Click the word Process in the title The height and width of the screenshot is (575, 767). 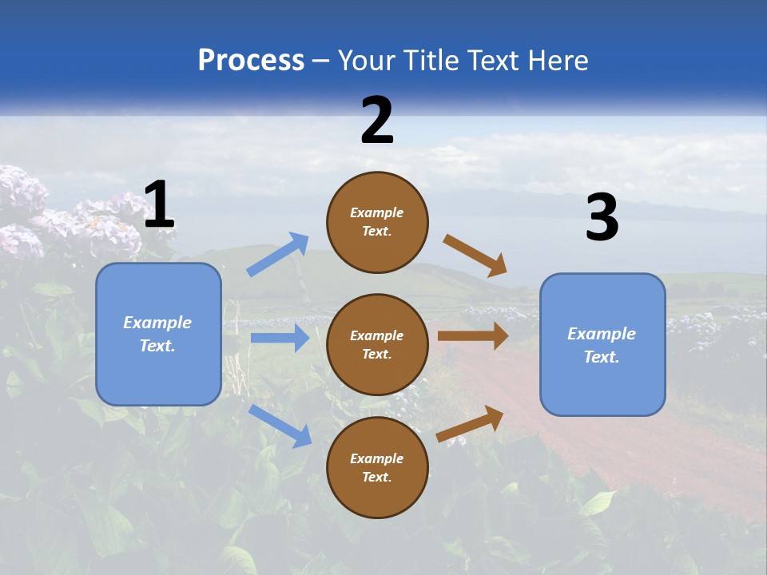click(x=251, y=61)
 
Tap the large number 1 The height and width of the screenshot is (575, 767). click(x=159, y=205)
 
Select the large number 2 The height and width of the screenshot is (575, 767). click(x=377, y=121)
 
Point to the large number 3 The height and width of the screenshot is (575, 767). click(x=602, y=218)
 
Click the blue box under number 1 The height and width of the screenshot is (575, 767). click(x=158, y=334)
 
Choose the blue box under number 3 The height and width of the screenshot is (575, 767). click(x=602, y=344)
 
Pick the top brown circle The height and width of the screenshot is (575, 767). click(x=377, y=222)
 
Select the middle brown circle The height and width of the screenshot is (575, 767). click(x=377, y=344)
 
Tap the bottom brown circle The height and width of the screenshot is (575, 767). click(x=377, y=467)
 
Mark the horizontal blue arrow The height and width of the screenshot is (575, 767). click(x=280, y=338)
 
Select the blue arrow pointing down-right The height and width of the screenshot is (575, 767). click(x=280, y=426)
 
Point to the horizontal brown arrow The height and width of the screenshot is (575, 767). click(x=473, y=336)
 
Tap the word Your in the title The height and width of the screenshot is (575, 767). click(x=366, y=61)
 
